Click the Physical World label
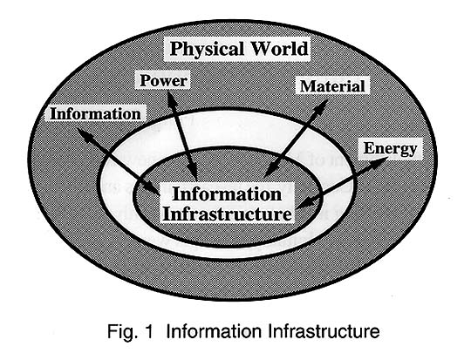239,49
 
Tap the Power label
164,80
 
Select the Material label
332,86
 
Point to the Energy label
390,149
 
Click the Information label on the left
96,114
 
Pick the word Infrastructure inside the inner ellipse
227,214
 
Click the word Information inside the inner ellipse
227,194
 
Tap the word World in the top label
280,48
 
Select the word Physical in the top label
207,49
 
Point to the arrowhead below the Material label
321,106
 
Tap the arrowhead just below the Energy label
379,161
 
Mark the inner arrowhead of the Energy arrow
304,204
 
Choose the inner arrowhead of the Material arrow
271,171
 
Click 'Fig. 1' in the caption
130,332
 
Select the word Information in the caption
214,331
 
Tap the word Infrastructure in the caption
324,331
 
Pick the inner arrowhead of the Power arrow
193,171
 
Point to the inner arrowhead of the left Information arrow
152,187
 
